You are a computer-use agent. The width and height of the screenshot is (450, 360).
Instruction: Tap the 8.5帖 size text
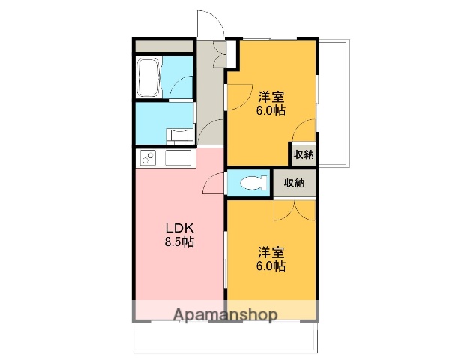click(181, 242)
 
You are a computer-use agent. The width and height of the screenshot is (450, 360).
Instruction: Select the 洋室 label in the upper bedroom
click(271, 96)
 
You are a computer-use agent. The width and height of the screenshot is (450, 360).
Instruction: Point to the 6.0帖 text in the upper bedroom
click(271, 110)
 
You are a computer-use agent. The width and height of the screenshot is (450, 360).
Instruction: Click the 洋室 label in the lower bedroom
click(271, 251)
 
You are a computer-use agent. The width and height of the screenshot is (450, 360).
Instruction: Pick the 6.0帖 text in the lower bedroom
click(271, 265)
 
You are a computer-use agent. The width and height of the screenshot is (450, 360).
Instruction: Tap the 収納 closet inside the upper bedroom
click(304, 154)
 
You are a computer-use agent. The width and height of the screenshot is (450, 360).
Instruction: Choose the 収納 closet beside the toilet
click(294, 182)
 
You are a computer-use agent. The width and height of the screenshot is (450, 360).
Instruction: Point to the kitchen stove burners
click(148, 158)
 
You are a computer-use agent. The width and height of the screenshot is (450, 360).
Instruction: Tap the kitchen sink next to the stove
click(179, 159)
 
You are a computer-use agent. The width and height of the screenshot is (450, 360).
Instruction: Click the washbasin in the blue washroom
click(179, 135)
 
